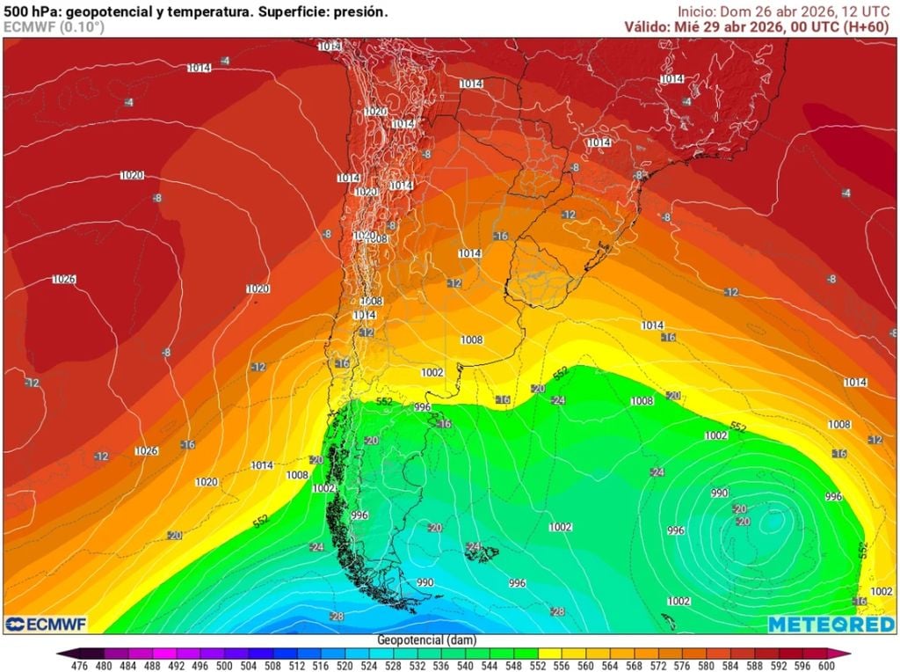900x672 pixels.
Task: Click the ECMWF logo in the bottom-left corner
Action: pyautogui.click(x=44, y=624)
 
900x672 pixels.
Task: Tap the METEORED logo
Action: pyautogui.click(x=831, y=624)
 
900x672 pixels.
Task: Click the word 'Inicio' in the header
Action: pyautogui.click(x=695, y=11)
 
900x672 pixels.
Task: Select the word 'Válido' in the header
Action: pyautogui.click(x=648, y=26)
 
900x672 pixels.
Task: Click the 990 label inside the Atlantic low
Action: pyautogui.click(x=720, y=493)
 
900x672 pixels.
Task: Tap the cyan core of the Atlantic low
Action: pyautogui.click(x=774, y=520)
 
